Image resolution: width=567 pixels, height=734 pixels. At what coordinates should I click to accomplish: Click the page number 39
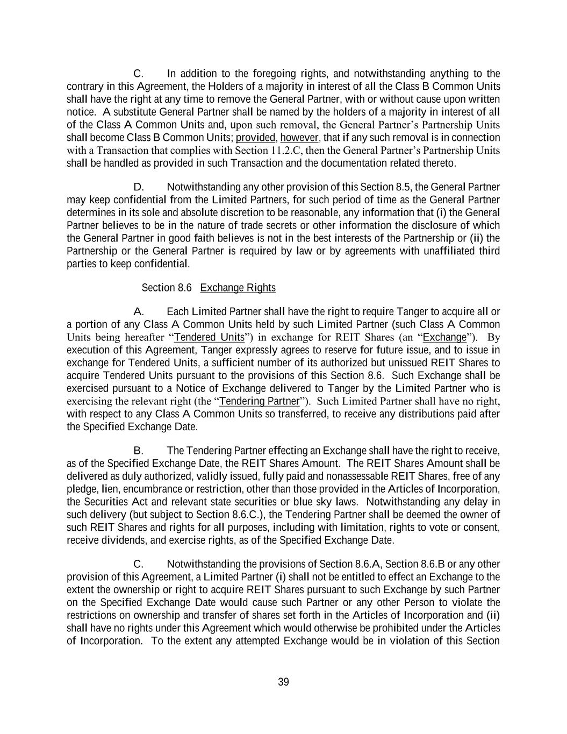click(283, 682)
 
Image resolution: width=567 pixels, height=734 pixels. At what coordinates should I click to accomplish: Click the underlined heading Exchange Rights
click(238, 288)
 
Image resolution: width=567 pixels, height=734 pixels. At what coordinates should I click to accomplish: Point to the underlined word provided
click(255, 138)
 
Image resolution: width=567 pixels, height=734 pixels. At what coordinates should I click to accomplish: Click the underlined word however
click(299, 138)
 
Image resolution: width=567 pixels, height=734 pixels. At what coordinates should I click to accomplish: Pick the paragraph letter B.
click(138, 451)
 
